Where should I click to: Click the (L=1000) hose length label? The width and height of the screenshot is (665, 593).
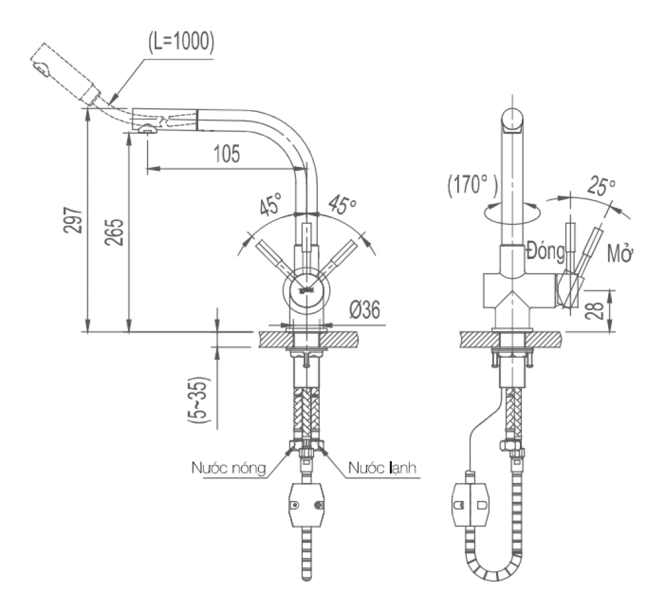[x=181, y=42]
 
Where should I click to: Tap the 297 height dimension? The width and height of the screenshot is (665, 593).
[x=72, y=219]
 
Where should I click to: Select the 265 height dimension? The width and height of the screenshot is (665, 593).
[x=114, y=232]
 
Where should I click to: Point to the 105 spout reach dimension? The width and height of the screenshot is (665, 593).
[x=226, y=154]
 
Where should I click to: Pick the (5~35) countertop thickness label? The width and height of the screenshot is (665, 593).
[x=198, y=400]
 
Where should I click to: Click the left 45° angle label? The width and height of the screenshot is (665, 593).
[x=270, y=204]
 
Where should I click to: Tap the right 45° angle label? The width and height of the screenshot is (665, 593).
[x=342, y=205]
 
